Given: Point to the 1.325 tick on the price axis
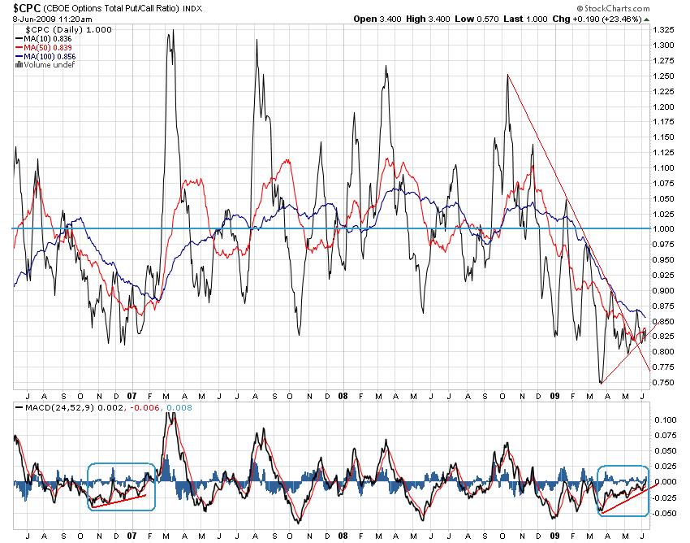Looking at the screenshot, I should pyautogui.click(x=665, y=29).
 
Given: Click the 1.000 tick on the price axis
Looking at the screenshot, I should pyautogui.click(x=665, y=228).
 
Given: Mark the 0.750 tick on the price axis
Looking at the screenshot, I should pyautogui.click(x=665, y=382).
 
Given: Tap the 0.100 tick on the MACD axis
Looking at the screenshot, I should pyautogui.click(x=665, y=419).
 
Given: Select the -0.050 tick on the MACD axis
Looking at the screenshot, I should pyautogui.click(x=666, y=513).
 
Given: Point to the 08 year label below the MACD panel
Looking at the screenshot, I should pyautogui.click(x=343, y=536).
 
